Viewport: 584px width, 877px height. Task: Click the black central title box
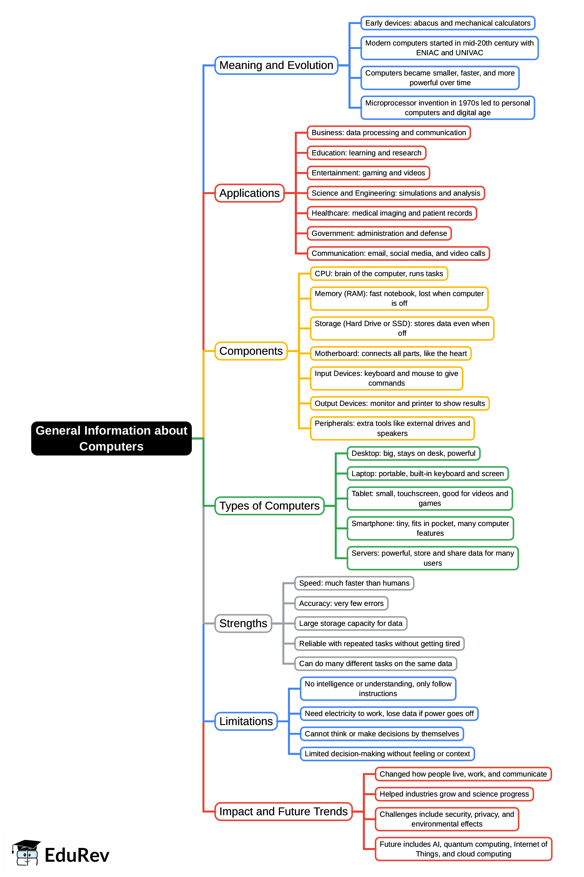(x=111, y=438)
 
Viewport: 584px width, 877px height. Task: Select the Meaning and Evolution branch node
(x=276, y=65)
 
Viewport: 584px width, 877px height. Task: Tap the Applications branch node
(x=249, y=193)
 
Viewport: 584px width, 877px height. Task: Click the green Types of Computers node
(x=269, y=505)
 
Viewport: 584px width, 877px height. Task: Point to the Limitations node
(x=246, y=721)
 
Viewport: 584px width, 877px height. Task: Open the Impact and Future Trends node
(x=283, y=811)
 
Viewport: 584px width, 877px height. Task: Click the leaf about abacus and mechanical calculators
(x=447, y=23)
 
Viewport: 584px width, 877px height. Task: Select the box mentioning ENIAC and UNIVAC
(x=449, y=48)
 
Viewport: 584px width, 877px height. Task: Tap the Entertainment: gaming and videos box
(x=368, y=173)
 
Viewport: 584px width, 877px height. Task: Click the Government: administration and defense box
(x=379, y=233)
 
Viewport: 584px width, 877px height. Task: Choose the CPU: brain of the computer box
(x=378, y=273)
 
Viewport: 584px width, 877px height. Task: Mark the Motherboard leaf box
(x=390, y=353)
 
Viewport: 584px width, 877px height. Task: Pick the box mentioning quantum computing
(x=463, y=849)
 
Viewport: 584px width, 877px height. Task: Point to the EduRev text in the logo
(x=77, y=855)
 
